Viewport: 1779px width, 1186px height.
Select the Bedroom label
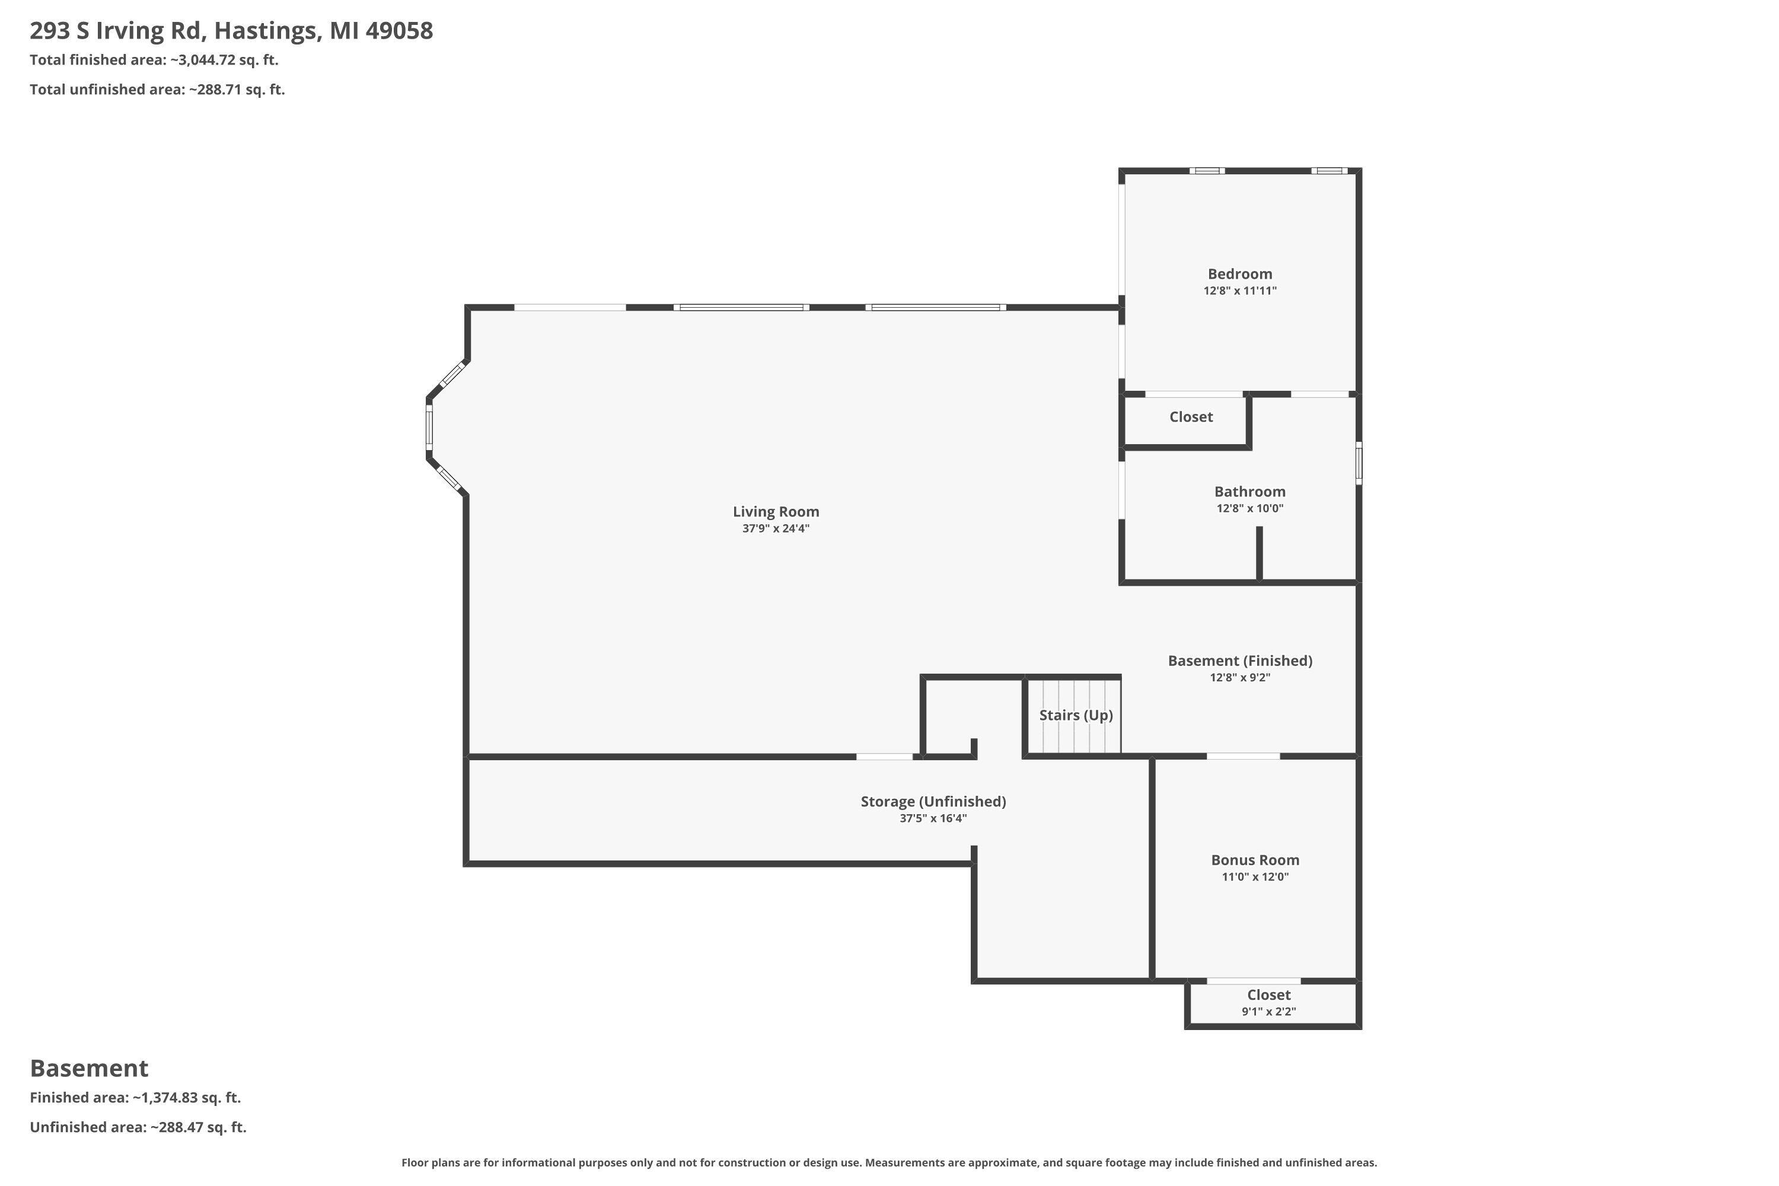(x=1240, y=274)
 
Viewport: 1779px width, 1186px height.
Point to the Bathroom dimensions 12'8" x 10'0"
(x=1249, y=508)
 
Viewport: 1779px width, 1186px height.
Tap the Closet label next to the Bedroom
(x=1191, y=417)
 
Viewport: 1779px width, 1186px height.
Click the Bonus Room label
(x=1255, y=860)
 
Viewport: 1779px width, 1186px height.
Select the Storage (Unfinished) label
(x=933, y=802)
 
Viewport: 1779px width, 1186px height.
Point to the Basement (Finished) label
(x=1240, y=661)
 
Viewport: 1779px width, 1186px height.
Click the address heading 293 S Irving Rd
(x=231, y=31)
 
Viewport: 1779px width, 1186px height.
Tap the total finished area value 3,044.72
(x=207, y=60)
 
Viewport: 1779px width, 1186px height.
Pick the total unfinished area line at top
(x=157, y=90)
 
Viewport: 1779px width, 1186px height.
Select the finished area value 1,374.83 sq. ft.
(x=187, y=1098)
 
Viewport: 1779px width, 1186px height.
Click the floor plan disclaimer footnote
(x=889, y=1162)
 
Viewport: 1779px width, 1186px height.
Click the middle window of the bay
(x=429, y=426)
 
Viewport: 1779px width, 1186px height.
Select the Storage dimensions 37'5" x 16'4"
(x=933, y=818)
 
